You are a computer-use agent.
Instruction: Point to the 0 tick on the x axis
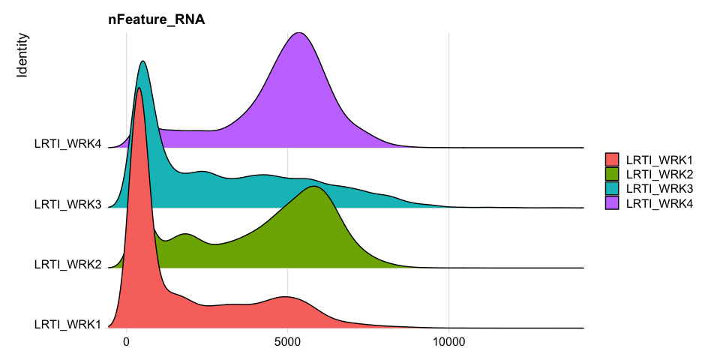(127, 342)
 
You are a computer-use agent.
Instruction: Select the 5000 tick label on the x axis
(287, 342)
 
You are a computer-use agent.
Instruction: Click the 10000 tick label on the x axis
(448, 342)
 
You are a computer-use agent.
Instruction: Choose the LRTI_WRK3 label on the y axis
(67, 204)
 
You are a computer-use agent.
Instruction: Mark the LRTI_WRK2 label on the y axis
(67, 264)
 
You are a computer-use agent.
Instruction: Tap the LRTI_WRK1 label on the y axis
(67, 324)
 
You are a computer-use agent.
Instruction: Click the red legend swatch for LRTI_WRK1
(612, 159)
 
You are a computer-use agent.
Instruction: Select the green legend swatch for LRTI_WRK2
(612, 173)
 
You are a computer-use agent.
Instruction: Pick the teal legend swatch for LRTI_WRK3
(612, 188)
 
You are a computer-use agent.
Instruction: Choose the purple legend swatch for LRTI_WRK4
(612, 202)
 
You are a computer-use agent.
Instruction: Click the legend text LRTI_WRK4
(659, 202)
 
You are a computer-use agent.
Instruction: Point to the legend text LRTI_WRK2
(659, 173)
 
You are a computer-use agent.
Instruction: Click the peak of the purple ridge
(299, 34)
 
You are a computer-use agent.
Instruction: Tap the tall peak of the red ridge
(139, 89)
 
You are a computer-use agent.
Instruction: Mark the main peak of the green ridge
(315, 187)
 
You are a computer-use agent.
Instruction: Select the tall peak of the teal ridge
(142, 62)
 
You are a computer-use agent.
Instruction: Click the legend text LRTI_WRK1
(659, 159)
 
